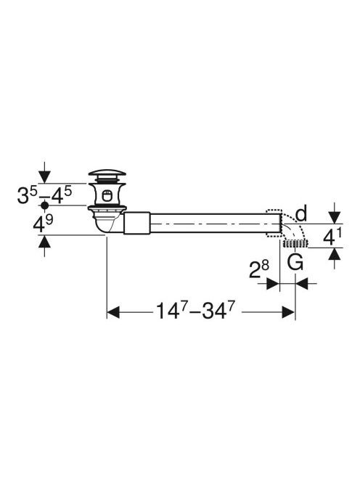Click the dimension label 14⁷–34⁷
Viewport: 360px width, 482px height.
tap(195, 311)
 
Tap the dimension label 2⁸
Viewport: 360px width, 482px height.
tap(258, 269)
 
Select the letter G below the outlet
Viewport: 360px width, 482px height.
tap(295, 262)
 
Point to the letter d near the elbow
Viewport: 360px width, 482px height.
tap(301, 214)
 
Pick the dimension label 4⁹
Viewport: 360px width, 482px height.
tap(43, 224)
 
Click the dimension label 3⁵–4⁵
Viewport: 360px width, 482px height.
tap(44, 195)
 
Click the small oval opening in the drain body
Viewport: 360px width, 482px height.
tap(107, 195)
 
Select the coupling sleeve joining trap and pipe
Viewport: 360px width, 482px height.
tap(136, 223)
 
